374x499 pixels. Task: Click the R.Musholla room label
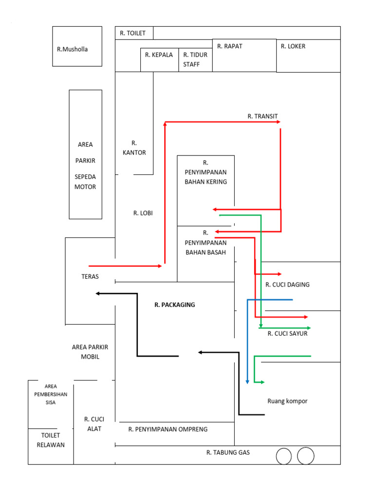point(72,49)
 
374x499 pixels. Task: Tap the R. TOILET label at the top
point(132,33)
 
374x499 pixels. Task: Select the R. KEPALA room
point(159,55)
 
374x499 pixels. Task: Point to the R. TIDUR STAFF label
point(195,59)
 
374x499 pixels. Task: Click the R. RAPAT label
point(229,46)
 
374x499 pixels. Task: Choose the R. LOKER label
point(293,46)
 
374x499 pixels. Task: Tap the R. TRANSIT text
point(262,116)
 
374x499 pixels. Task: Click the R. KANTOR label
point(134,148)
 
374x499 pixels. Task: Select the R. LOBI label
point(143,213)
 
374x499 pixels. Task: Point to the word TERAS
point(90,276)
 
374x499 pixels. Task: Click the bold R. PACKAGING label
point(174,305)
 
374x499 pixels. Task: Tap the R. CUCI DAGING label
point(287,285)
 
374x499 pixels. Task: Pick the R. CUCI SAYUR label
point(287,334)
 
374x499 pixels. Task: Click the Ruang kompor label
point(287,401)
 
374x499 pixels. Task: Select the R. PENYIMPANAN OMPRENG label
point(168,429)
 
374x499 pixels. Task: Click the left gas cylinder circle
point(283,457)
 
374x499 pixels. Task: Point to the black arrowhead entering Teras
point(98,293)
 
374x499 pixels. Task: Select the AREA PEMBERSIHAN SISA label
point(51,394)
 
